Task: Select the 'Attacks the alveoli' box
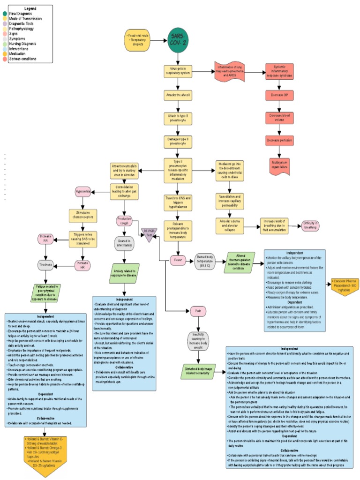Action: coord(178,95)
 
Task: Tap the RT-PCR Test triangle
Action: coord(150,233)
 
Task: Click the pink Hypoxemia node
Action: coord(83,192)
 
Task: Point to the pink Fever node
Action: coord(178,259)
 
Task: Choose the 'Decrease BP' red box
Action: coord(279,95)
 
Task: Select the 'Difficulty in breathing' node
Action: coord(310,225)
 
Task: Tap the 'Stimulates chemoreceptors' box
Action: coord(83,215)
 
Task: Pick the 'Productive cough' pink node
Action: coord(124,220)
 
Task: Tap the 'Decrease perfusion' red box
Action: coord(279,140)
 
